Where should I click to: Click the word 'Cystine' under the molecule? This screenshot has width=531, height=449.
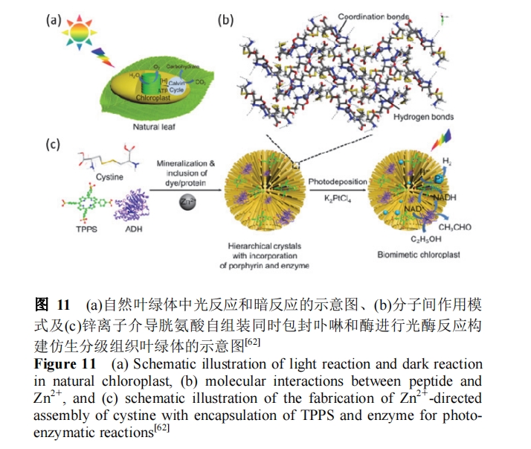(x=109, y=177)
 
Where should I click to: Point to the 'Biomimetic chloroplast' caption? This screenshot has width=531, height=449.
(x=421, y=255)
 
